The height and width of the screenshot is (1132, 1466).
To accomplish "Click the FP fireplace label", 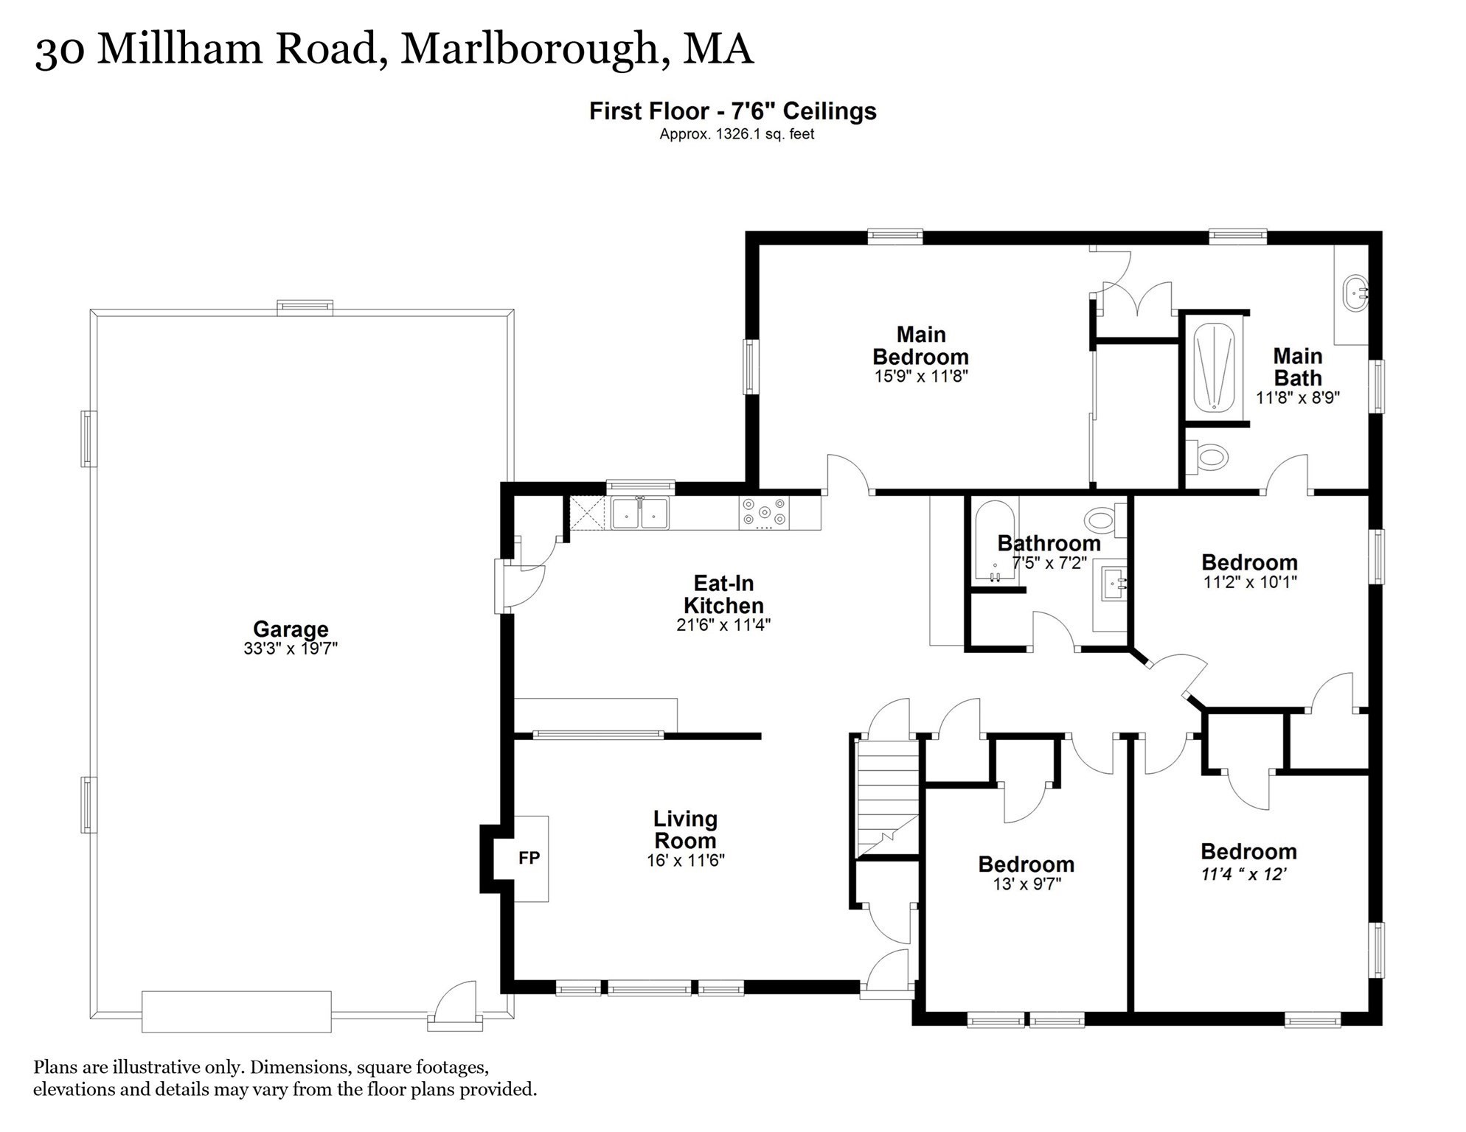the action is click(x=529, y=858).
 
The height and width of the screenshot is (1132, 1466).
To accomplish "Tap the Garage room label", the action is click(x=291, y=629).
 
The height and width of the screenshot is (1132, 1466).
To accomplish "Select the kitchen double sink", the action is click(x=640, y=513).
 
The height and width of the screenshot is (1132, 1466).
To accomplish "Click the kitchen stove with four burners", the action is click(x=764, y=513).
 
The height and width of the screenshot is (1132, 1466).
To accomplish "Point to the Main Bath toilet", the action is click(x=1206, y=458).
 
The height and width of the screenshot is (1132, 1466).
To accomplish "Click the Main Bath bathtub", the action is click(x=1214, y=367).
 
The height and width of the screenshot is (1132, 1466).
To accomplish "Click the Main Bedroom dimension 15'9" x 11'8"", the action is click(x=920, y=377).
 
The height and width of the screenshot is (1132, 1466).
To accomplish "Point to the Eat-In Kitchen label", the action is click(x=723, y=595).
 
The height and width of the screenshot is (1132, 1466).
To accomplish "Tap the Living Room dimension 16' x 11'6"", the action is click(x=686, y=860).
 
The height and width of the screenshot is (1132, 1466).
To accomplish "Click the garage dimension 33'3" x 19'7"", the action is click(x=291, y=649).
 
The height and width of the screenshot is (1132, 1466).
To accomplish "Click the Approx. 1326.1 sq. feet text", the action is click(x=737, y=134).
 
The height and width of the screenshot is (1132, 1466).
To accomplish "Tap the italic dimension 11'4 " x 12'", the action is click(x=1244, y=875).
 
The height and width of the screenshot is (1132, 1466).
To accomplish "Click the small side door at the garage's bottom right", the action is click(x=456, y=1005).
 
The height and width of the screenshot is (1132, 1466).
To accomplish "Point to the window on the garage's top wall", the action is click(x=305, y=307).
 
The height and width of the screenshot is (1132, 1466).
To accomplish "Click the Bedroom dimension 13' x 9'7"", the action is click(x=1026, y=884).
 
